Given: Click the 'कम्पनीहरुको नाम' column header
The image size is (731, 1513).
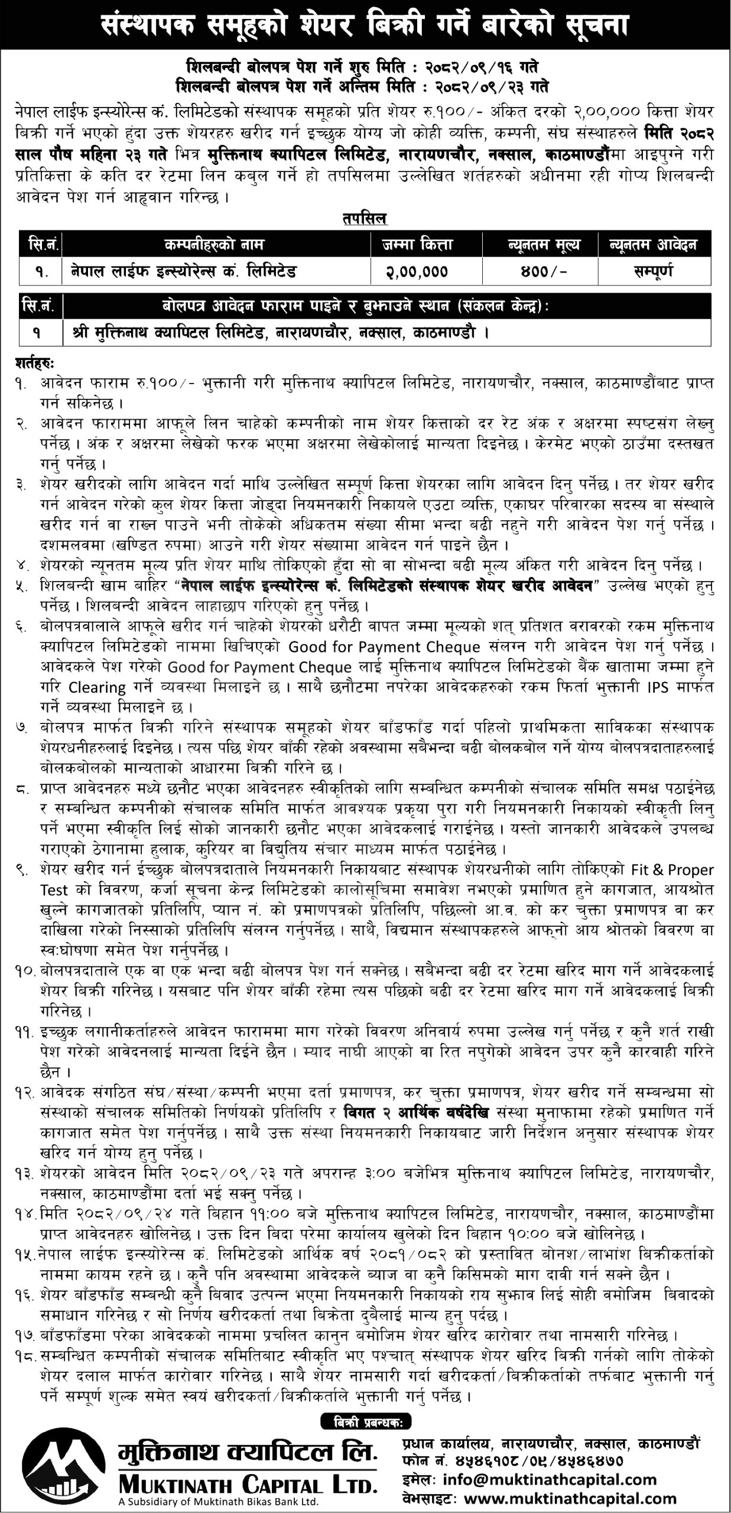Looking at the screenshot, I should [216, 244].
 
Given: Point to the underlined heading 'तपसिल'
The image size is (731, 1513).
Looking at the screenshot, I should [364, 219].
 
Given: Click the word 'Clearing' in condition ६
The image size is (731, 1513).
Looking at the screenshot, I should [97, 687].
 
